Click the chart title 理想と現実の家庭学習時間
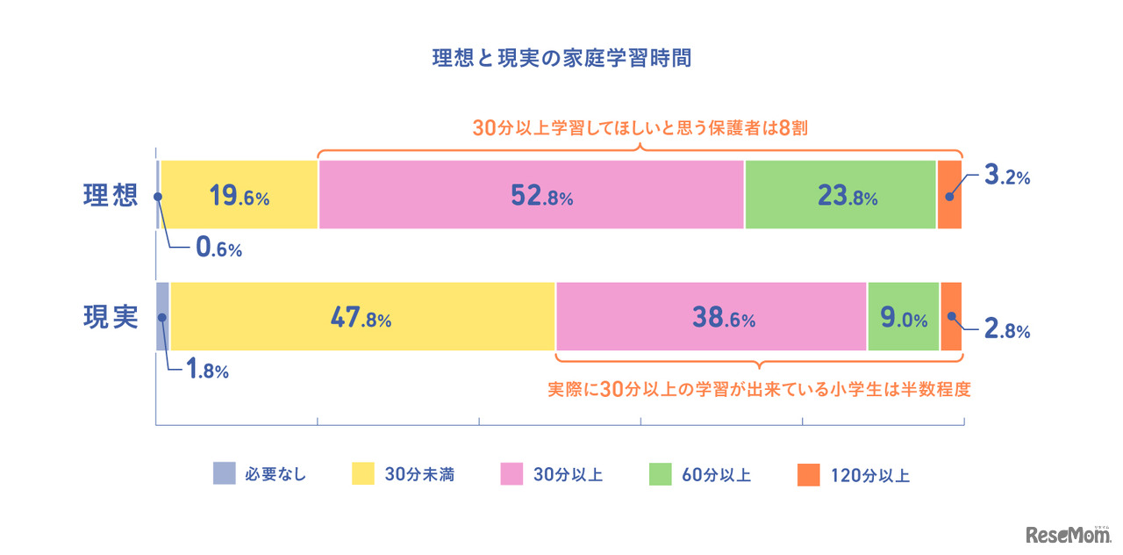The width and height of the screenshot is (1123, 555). (x=561, y=59)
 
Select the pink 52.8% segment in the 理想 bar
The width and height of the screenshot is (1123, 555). (x=531, y=195)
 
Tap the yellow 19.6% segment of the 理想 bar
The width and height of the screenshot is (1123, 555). (x=239, y=195)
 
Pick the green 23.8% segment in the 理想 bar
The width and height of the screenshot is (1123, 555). (x=840, y=195)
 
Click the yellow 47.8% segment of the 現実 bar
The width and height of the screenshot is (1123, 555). (x=361, y=317)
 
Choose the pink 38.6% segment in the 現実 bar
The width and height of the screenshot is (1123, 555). (x=711, y=317)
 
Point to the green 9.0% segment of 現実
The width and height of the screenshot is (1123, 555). (x=903, y=317)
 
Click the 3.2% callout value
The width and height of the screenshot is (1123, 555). (x=1006, y=177)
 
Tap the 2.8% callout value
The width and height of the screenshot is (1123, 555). (x=1006, y=332)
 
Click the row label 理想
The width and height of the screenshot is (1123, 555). (x=111, y=195)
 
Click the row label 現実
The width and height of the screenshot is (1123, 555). (x=111, y=317)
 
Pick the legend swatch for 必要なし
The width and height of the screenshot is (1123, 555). (x=225, y=474)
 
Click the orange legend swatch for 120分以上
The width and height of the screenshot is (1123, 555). (x=808, y=474)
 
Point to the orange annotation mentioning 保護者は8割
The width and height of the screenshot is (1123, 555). (x=640, y=128)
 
